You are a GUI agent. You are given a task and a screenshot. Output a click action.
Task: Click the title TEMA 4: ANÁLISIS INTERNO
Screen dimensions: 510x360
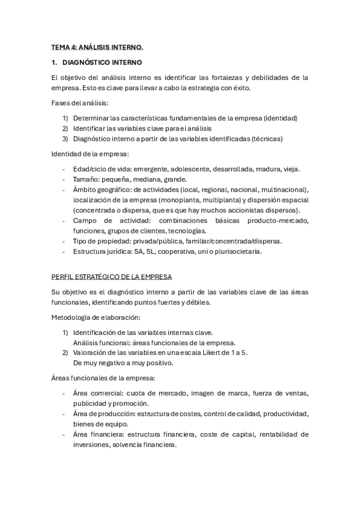tap(97, 46)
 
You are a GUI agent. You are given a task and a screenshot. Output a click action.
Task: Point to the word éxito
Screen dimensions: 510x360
tap(238, 87)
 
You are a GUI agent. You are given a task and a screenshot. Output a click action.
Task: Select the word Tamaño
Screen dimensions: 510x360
tap(84, 179)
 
